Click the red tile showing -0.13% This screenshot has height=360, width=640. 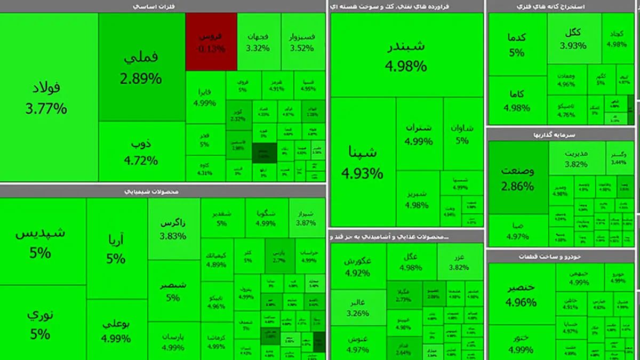[211, 42]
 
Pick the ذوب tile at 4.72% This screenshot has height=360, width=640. [141, 151]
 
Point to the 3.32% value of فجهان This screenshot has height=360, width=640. [258, 48]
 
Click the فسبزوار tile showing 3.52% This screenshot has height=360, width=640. [302, 42]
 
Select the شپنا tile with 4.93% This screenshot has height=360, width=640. [363, 163]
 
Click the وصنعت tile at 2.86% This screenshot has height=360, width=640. [517, 178]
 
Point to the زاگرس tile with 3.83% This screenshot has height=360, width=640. [173, 229]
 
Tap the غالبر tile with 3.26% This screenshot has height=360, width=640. [357, 308]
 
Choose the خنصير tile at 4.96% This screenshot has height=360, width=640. [521, 295]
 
